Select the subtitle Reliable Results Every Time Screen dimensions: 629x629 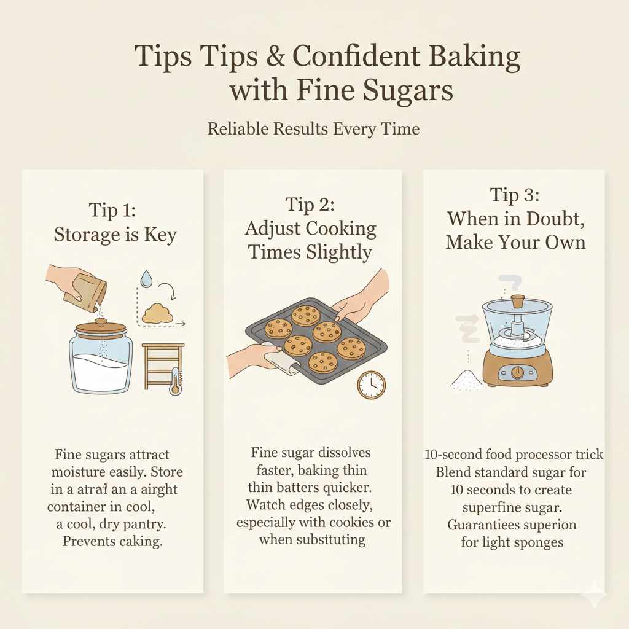[x=314, y=129]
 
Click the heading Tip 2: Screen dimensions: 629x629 [x=310, y=204]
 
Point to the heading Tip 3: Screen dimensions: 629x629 [x=515, y=195]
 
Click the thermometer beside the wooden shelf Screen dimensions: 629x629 [x=176, y=381]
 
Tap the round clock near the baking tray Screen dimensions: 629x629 [x=371, y=385]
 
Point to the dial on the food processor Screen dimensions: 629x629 [x=517, y=372]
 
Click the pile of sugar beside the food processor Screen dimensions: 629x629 [x=467, y=380]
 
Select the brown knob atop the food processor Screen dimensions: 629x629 [x=518, y=302]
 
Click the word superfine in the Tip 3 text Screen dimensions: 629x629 [x=490, y=507]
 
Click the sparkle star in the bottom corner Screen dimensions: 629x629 [x=593, y=595]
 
